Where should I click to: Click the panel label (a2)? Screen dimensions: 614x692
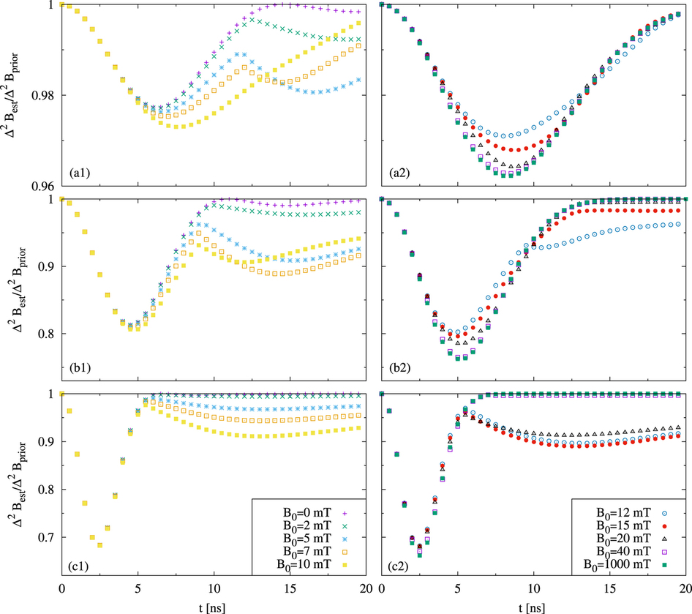point(398,173)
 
